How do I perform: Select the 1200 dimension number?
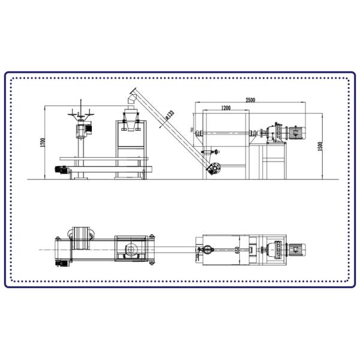(x=226, y=108)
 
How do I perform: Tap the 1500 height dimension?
(x=320, y=146)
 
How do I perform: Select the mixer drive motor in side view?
(x=296, y=133)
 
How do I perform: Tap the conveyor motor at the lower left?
(x=61, y=170)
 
